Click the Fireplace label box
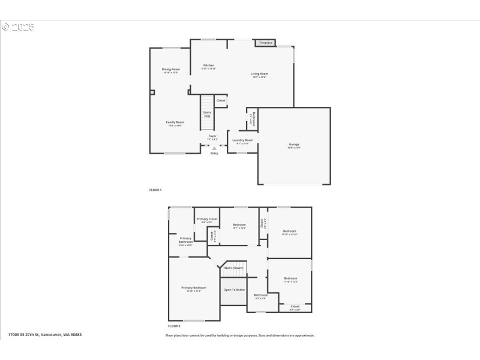(x=266, y=43)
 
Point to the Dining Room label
(x=170, y=70)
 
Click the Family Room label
(x=175, y=123)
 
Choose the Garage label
(x=294, y=145)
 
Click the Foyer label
(x=212, y=137)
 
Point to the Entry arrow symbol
(x=214, y=148)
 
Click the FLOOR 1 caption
(x=155, y=190)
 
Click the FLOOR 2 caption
(x=173, y=326)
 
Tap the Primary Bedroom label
(x=194, y=289)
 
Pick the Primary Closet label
(x=207, y=220)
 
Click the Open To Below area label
(x=234, y=290)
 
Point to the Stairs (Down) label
(x=234, y=268)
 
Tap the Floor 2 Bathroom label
(x=260, y=296)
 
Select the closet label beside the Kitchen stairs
(x=221, y=101)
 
